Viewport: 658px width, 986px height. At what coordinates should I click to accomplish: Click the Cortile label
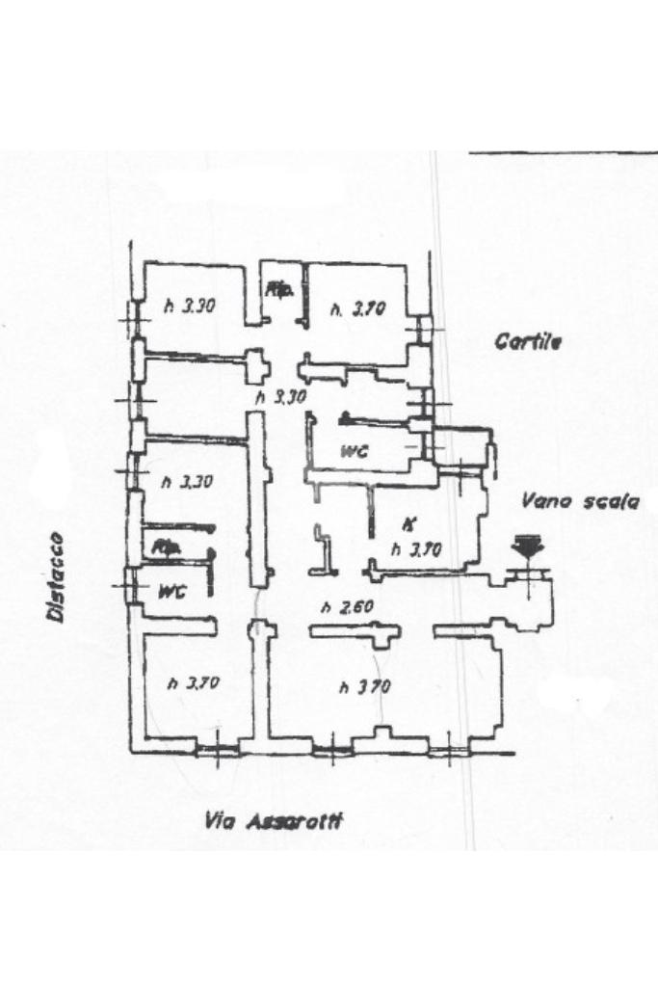tap(528, 341)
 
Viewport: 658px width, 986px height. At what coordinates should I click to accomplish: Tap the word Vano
tap(543, 500)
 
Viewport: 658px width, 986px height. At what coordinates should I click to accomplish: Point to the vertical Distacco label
tap(57, 576)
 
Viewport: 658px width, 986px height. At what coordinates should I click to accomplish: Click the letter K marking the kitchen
tap(408, 525)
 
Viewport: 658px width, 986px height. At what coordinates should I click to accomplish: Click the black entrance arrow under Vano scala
tap(527, 546)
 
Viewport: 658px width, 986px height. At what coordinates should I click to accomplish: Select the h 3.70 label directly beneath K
tap(416, 549)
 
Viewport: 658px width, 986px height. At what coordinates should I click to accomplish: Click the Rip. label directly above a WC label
tap(168, 547)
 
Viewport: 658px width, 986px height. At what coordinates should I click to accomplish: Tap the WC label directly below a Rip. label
tap(171, 590)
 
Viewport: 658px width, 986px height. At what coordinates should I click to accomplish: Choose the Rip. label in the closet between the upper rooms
tap(280, 288)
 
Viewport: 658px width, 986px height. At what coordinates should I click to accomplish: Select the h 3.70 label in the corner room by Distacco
tap(194, 683)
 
